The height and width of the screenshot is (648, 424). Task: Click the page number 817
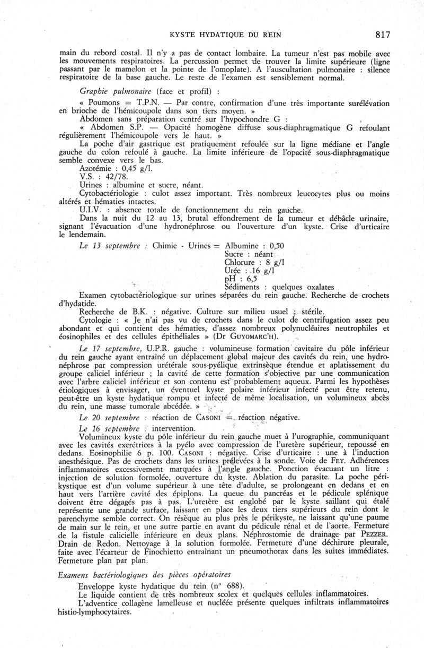click(382, 35)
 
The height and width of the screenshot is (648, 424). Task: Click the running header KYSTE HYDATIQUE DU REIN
click(225, 36)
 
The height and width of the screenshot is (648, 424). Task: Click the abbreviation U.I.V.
click(89, 209)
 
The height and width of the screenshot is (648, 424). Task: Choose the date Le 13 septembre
click(109, 246)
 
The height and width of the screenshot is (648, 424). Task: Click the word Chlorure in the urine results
click(242, 262)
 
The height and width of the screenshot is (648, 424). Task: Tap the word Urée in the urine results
click(234, 271)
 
